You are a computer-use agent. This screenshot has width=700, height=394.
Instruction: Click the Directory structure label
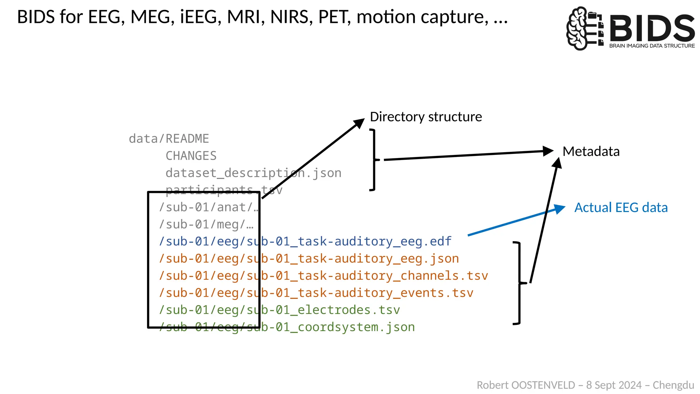426,117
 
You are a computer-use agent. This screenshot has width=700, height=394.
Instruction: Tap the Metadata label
591,152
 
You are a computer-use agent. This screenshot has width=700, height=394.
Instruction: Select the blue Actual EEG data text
621,208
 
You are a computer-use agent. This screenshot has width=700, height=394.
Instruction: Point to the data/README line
169,139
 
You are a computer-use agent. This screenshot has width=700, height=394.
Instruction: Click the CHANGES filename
191,156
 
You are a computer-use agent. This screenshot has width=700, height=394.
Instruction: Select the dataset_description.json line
253,173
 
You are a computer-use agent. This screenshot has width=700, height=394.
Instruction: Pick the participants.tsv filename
224,189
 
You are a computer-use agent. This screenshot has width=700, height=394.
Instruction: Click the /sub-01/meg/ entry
206,224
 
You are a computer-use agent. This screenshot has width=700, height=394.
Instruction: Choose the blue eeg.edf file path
305,241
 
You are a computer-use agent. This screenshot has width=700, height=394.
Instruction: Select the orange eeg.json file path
309,259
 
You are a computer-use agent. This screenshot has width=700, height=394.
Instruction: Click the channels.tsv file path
323,276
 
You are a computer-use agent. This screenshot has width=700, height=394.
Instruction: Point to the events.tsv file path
316,293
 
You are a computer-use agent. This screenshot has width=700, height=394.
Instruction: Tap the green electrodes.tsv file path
279,310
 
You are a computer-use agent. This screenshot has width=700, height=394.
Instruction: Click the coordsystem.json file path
287,327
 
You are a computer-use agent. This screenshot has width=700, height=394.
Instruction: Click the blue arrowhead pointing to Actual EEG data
560,208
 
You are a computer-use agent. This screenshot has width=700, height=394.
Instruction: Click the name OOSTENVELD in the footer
543,385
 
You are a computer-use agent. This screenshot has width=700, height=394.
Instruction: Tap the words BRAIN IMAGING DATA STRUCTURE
652,46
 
